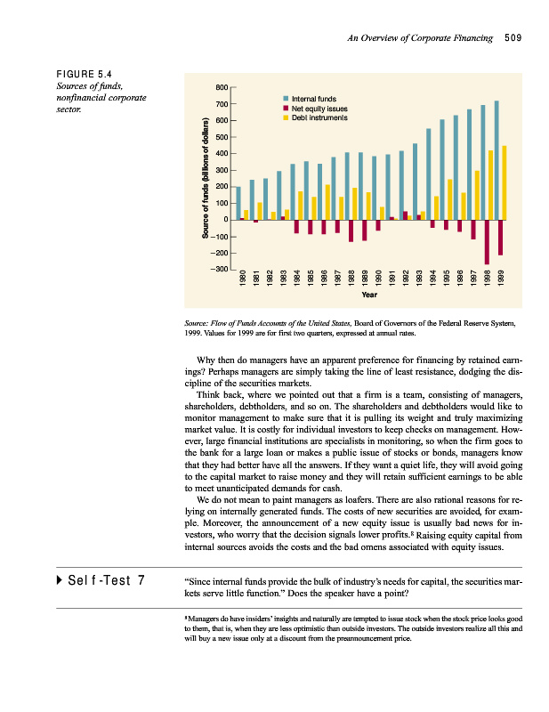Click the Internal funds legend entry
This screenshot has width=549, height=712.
coord(307,98)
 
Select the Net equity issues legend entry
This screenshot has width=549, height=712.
coord(312,108)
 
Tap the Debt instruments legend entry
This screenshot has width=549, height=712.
coord(313,117)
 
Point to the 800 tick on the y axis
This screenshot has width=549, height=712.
coord(222,87)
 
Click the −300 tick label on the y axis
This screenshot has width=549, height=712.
coord(219,269)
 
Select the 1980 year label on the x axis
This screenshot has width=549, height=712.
coord(239,278)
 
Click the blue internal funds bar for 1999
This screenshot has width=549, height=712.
coord(497,160)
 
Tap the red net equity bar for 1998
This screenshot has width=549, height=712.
coord(487,241)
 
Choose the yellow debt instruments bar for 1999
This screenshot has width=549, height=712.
coord(504,182)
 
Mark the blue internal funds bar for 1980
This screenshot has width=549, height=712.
coord(238,203)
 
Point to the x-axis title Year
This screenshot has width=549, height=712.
coord(370,294)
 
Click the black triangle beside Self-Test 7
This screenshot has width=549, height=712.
coord(60,582)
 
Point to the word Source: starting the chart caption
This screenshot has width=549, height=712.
coord(196,324)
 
